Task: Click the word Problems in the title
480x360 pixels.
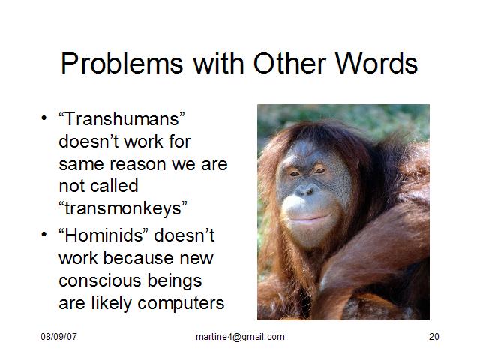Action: [x=121, y=64]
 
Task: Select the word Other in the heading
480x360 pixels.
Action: [x=289, y=63]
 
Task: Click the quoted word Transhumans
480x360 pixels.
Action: [x=122, y=118]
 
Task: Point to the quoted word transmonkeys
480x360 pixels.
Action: [x=123, y=208]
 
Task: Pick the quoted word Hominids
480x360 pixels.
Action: [x=103, y=235]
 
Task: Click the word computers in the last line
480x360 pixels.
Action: [x=181, y=304]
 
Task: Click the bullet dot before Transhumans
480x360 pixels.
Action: [x=44, y=118]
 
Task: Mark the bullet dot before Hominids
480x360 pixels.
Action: [x=44, y=235]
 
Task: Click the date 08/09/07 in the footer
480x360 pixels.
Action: [x=58, y=337]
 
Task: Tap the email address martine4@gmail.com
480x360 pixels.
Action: [x=240, y=337]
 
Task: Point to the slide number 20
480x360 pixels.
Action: [x=433, y=337]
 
